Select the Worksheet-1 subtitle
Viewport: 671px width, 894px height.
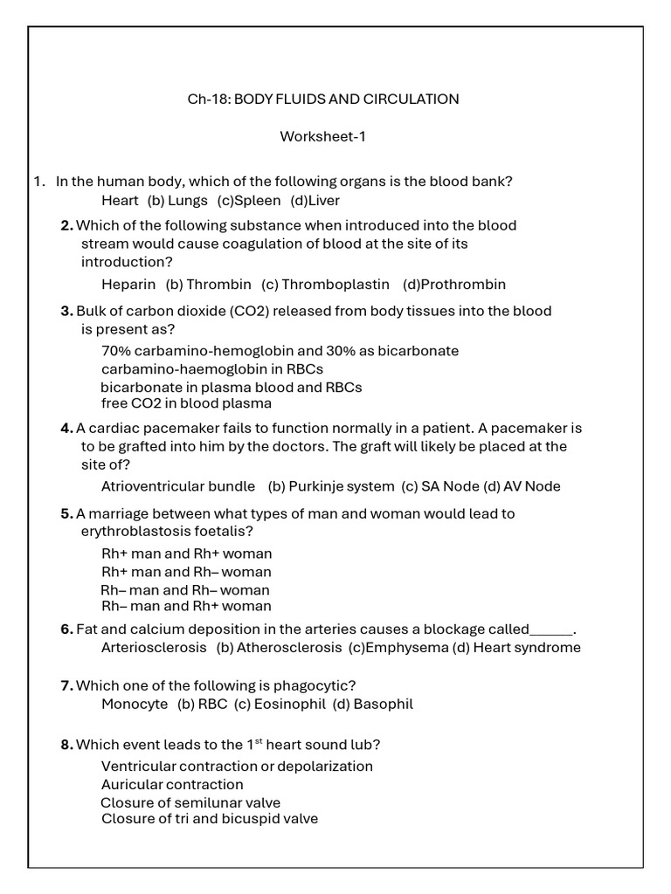(322, 136)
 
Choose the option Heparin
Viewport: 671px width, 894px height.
(128, 284)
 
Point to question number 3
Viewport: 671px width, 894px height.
(66, 311)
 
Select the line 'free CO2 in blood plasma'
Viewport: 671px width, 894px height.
(186, 403)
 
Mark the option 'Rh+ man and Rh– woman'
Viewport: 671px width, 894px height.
(186, 572)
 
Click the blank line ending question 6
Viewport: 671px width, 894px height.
(551, 629)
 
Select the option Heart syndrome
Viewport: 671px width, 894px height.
(527, 648)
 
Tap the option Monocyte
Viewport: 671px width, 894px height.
(134, 704)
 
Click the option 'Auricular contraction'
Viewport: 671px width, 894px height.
(172, 784)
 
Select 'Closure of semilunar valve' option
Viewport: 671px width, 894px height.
(190, 802)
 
